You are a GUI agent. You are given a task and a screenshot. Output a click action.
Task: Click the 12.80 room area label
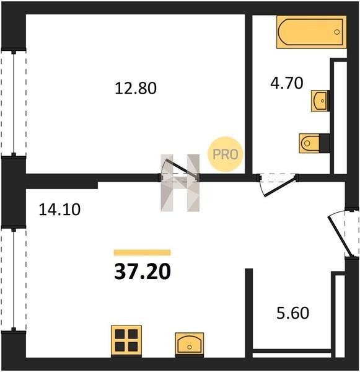[136, 88]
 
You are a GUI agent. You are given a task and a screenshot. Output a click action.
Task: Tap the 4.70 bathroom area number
[287, 83]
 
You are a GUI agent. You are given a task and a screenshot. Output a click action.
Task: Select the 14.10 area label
[59, 210]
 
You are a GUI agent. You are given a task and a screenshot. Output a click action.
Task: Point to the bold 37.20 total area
[143, 272]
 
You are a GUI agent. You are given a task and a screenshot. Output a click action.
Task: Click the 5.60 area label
[293, 313]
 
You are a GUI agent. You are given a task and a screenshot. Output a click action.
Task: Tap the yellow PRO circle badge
[226, 154]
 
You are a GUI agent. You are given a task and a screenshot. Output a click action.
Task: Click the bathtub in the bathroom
[312, 32]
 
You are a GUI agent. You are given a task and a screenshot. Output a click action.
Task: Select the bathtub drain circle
[336, 32]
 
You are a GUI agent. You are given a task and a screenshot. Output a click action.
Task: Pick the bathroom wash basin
[319, 100]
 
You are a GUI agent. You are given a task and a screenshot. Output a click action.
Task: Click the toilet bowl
[309, 143]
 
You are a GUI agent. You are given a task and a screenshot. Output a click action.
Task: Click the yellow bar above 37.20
[143, 252]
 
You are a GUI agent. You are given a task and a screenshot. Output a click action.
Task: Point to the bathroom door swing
[278, 185]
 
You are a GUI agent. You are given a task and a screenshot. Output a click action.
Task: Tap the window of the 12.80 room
[14, 102]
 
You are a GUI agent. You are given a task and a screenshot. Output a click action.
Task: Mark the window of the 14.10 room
[14, 279]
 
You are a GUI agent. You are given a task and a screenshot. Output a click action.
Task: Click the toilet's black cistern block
[325, 143]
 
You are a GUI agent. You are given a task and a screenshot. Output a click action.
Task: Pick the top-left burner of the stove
[120, 334]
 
